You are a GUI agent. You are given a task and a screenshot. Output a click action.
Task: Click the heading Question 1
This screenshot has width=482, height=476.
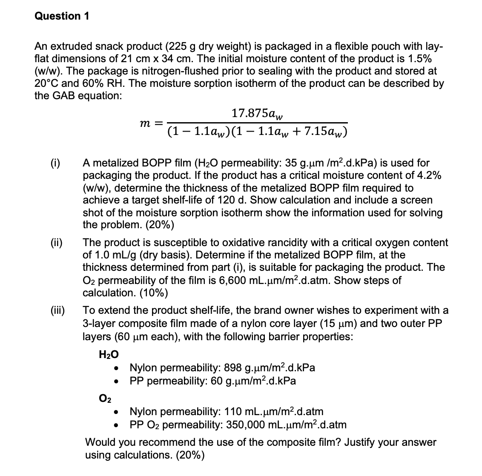62,16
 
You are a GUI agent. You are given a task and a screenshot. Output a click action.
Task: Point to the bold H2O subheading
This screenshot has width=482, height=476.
109,354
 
